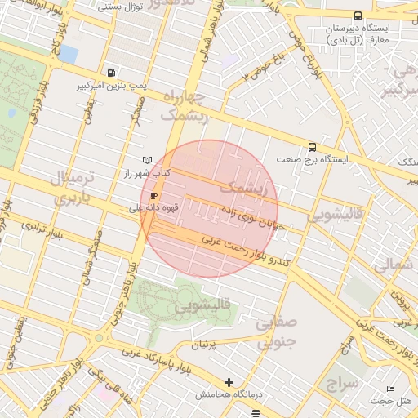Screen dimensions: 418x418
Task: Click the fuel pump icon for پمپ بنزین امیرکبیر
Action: pyautogui.click(x=111, y=72)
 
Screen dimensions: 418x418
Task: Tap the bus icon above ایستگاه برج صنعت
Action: pyautogui.click(x=313, y=147)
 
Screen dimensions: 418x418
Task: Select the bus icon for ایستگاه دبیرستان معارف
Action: pyautogui.click(x=358, y=16)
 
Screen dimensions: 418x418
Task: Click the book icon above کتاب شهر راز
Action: pyautogui.click(x=147, y=160)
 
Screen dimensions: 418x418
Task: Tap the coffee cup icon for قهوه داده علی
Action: pyautogui.click(x=153, y=196)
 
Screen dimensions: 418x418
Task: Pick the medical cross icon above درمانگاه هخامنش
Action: pyautogui.click(x=229, y=381)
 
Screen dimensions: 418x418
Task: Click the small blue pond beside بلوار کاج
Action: pyautogui.click(x=68, y=55)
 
